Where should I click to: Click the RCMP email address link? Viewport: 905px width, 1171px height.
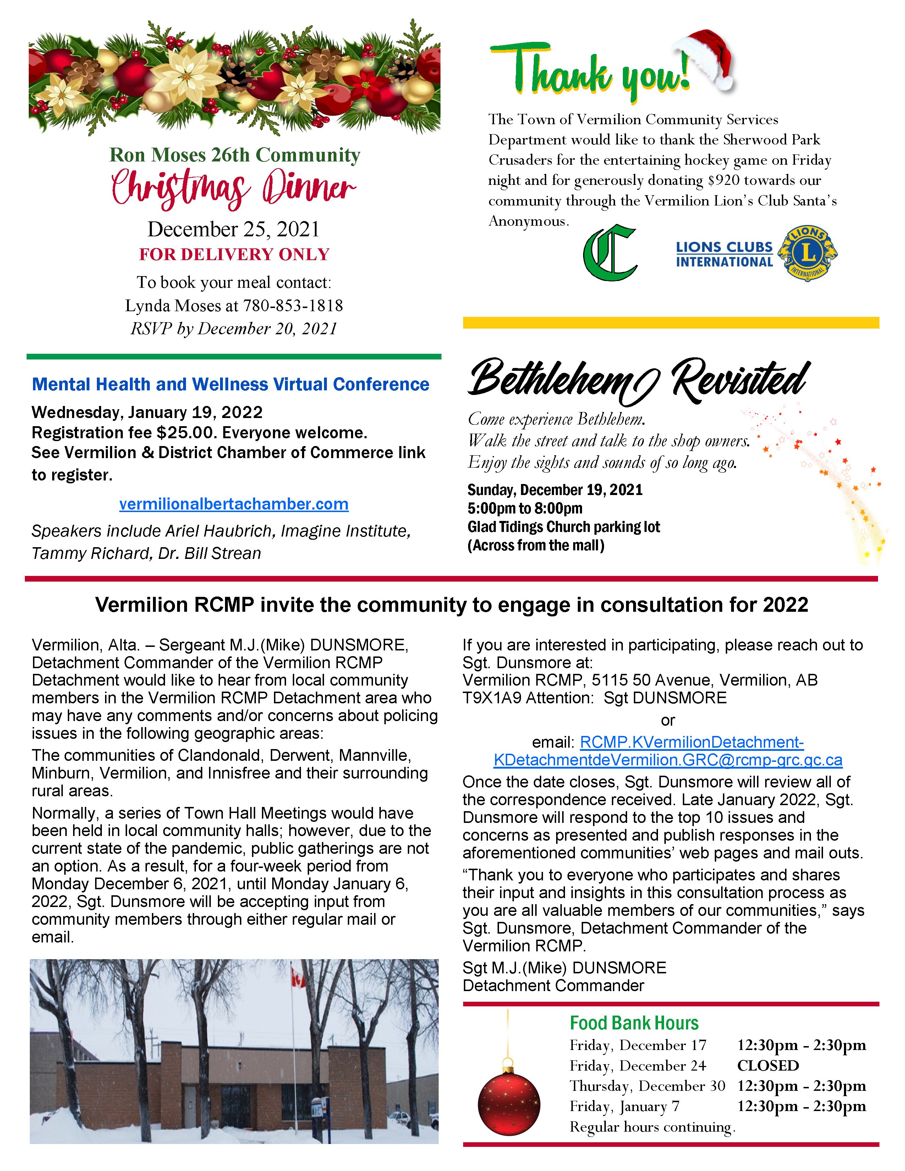click(x=668, y=751)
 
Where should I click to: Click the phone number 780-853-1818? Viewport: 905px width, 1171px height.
click(x=293, y=306)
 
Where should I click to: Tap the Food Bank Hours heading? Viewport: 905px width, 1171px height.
click(x=634, y=1023)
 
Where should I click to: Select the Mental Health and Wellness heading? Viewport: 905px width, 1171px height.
click(x=231, y=384)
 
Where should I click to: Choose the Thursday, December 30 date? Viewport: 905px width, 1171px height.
click(x=647, y=1086)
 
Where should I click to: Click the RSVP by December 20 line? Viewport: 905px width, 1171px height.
click(x=234, y=329)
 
